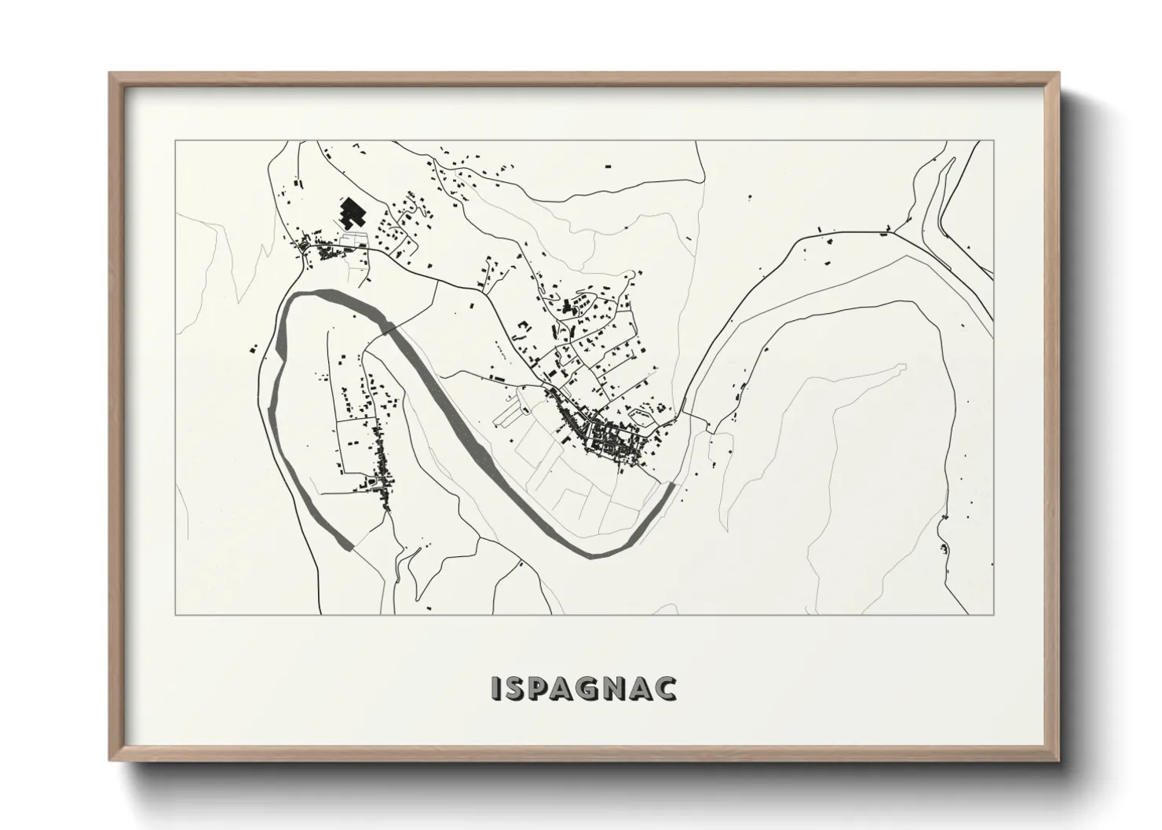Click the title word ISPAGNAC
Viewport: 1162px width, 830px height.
click(x=583, y=687)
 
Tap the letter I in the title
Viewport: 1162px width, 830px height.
click(x=495, y=687)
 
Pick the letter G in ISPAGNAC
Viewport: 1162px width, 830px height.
click(x=590, y=687)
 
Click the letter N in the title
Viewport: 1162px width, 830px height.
click(x=617, y=687)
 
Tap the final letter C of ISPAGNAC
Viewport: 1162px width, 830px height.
click(x=667, y=687)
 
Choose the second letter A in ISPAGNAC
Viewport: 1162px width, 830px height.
click(x=643, y=687)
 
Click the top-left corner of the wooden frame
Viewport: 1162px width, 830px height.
click(x=110, y=74)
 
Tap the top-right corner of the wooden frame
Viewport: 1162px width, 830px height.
click(x=1059, y=74)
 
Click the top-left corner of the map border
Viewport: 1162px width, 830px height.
click(x=175, y=141)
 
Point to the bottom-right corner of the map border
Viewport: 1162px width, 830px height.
click(x=993, y=614)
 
